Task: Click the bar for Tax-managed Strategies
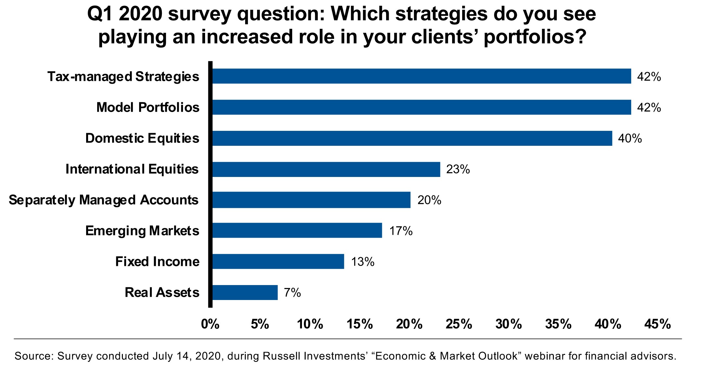422,76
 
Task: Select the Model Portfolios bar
422,107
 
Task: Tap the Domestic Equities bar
412,138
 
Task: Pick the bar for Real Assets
245,293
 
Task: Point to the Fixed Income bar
278,262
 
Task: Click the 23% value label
458,169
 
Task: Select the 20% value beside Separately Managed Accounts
429,200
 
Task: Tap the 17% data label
401,231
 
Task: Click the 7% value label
292,293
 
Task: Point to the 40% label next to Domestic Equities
630,139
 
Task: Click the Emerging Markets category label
142,231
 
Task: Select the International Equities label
132,169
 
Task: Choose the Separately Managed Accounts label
103,200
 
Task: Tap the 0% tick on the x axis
210,324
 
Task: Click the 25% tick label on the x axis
459,324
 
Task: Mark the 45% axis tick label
658,324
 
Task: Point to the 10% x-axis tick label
310,324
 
